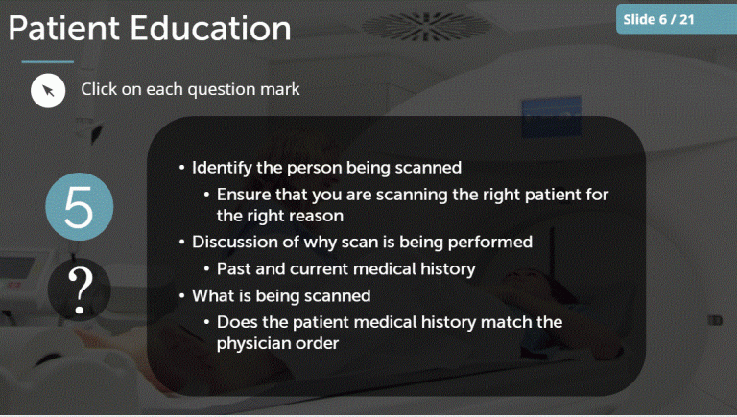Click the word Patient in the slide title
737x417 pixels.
point(65,29)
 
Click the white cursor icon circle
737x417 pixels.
point(48,91)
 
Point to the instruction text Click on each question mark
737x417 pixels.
point(190,90)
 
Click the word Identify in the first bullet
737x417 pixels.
point(222,167)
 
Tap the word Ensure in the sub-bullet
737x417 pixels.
point(243,195)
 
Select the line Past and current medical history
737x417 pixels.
point(345,268)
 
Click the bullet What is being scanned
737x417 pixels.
point(281,295)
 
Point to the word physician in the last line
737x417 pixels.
point(252,342)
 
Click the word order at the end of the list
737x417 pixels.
point(316,342)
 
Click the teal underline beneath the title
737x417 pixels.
point(40,62)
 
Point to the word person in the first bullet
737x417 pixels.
point(321,167)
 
